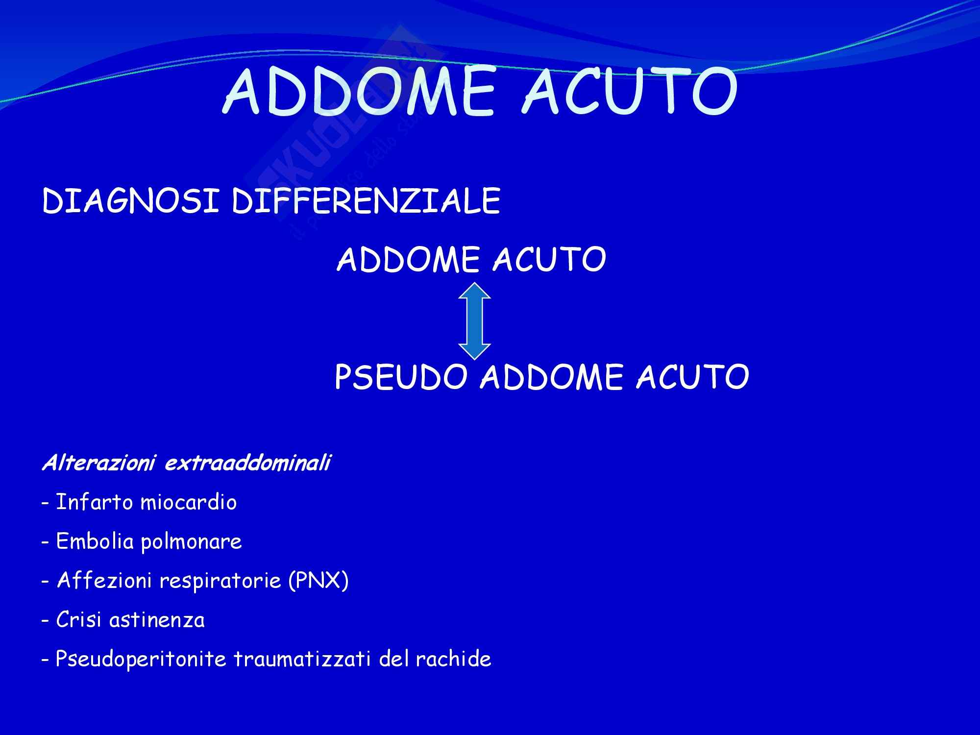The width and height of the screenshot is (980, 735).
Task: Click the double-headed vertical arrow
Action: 474,321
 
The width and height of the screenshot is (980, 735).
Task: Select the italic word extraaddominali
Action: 247,463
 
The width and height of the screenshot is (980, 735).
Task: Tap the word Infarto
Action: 95,502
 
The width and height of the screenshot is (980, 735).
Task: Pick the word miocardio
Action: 189,502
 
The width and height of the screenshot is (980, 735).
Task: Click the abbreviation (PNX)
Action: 318,581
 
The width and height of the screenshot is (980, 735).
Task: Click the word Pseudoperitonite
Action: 141,660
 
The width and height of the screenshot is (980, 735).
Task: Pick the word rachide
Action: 453,659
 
